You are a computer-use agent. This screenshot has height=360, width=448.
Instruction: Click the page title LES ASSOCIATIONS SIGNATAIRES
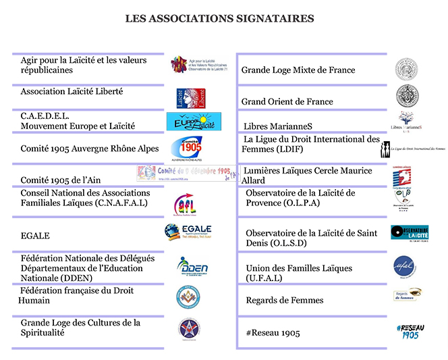(x=219, y=19)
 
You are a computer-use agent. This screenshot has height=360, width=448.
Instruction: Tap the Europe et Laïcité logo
(x=194, y=122)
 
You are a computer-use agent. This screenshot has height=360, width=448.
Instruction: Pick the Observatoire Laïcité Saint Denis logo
(x=410, y=234)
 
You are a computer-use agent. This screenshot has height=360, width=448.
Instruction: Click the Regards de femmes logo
(x=408, y=294)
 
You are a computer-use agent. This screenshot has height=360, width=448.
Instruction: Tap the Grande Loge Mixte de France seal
(x=406, y=69)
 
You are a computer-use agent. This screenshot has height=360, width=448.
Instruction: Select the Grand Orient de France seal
(x=406, y=95)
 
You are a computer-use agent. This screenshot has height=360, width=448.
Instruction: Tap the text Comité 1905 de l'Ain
(x=59, y=180)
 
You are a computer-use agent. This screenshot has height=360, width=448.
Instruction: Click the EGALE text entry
(x=35, y=236)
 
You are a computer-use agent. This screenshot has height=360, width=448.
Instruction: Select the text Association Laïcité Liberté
(x=72, y=91)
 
